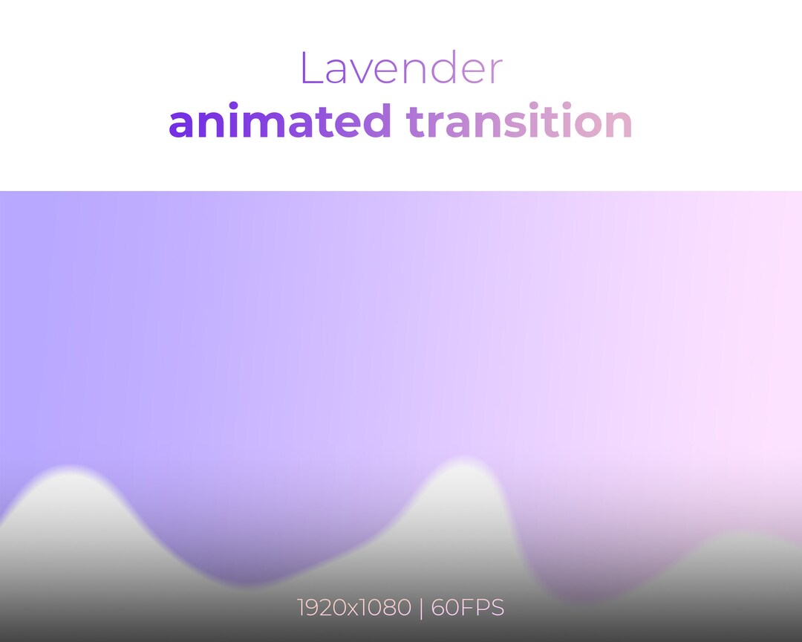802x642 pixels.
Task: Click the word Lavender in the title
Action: [x=401, y=68]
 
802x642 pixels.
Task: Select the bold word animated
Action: [x=280, y=121]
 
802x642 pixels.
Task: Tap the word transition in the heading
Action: [x=519, y=121]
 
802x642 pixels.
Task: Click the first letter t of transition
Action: [x=415, y=122]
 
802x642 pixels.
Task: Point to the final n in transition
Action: [x=619, y=124]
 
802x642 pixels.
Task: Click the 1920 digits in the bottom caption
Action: [x=322, y=608]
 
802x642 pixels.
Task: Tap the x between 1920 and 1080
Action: [x=354, y=609]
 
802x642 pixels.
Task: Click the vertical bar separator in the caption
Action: [x=420, y=608]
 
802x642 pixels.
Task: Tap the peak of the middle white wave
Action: [x=458, y=464]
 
